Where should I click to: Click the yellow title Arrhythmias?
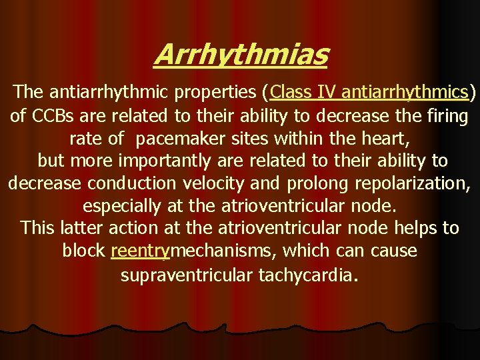click(x=241, y=55)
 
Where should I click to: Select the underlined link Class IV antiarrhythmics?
click(x=369, y=91)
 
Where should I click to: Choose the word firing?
click(x=445, y=116)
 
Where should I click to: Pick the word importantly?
click(x=155, y=161)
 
